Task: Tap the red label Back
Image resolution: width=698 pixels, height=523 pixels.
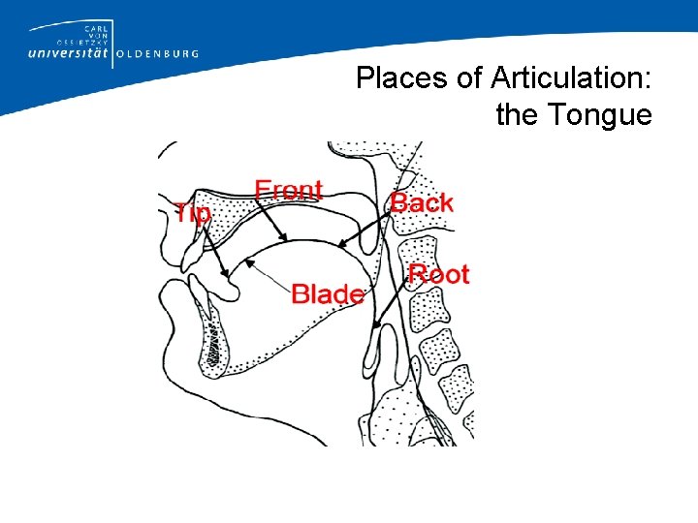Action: [x=422, y=202]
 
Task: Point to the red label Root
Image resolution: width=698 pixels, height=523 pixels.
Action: [x=438, y=274]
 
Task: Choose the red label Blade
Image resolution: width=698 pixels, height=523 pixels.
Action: [x=328, y=293]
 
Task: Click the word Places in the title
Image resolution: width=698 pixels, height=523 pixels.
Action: [x=392, y=78]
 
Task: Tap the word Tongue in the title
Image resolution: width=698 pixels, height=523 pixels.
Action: [x=600, y=115]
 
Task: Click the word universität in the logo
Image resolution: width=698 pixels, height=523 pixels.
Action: [x=63, y=53]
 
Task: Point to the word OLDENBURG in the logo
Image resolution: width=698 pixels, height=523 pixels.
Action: [x=157, y=54]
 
